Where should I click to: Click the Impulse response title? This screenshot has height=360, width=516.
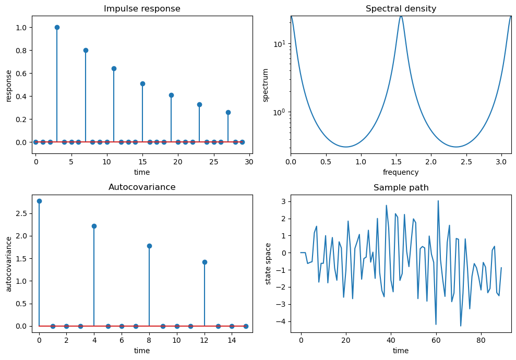click(142, 9)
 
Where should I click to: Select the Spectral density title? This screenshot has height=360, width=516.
click(401, 9)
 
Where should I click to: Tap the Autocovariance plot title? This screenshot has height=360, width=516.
click(142, 187)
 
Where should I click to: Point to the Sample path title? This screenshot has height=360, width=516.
click(401, 188)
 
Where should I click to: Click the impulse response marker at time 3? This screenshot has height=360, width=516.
click(57, 27)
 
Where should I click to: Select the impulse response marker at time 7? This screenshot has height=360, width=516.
click(86, 50)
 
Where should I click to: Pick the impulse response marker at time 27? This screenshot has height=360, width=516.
click(228, 112)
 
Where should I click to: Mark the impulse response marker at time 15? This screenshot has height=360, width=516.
click(142, 83)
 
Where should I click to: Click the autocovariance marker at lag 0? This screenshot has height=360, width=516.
click(39, 201)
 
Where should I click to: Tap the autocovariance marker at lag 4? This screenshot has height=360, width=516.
click(94, 226)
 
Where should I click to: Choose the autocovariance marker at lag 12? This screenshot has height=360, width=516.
click(205, 262)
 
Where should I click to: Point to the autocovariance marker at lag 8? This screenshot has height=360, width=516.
click(149, 246)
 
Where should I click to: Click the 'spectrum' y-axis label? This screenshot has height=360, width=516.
click(266, 85)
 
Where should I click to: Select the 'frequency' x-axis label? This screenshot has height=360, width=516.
click(401, 172)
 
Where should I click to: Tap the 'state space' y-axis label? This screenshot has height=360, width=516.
click(268, 263)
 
